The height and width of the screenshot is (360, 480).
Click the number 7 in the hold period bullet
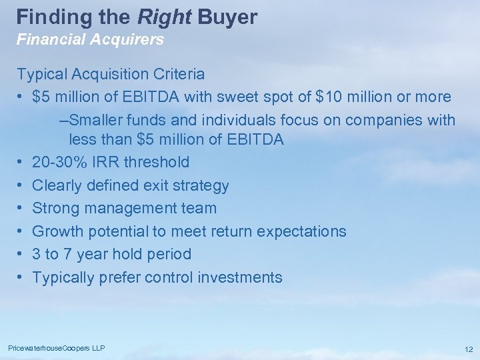tap(75, 254)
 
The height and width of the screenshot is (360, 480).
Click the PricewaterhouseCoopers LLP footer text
tap(56, 348)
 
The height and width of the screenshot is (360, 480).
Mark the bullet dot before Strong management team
tap(21, 209)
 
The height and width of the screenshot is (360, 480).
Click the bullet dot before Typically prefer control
tap(21, 277)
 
